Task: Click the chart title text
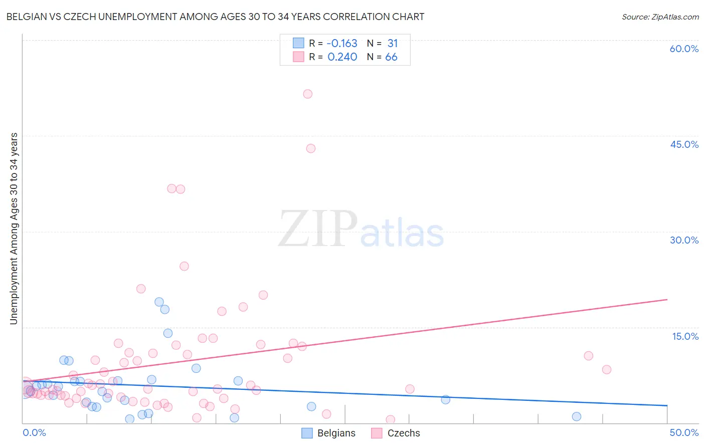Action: [215, 17]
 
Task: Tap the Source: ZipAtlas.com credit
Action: [660, 17]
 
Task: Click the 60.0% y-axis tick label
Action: [684, 49]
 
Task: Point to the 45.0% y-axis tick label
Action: [684, 144]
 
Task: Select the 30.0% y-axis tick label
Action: [684, 240]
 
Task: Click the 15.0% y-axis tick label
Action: [685, 336]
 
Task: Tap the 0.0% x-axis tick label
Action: [34, 432]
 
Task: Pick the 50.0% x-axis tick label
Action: [684, 432]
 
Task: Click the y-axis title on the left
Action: [14, 229]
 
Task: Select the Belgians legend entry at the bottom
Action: [329, 433]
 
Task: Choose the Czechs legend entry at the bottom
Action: [396, 433]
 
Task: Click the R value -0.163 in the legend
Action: [341, 43]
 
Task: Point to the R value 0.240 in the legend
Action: [342, 57]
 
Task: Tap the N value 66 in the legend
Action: [391, 57]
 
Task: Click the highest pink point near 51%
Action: [308, 94]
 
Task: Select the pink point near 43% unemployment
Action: [311, 148]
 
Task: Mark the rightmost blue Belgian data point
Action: [577, 416]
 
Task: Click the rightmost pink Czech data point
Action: [607, 369]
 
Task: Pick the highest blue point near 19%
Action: [159, 302]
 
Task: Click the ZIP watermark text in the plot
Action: [317, 230]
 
